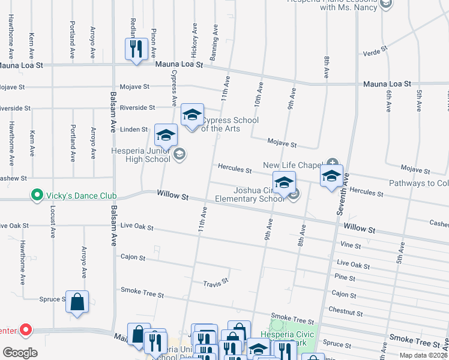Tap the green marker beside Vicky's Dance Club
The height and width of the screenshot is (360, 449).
point(37,195)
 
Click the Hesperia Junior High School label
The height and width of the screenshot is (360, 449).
point(140,155)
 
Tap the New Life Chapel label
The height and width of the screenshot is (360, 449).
point(292,165)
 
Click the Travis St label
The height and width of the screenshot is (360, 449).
point(215,282)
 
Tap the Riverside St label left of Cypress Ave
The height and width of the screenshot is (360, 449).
point(137,107)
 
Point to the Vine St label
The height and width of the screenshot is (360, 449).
point(350,245)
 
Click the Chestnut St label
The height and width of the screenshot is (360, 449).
point(346,311)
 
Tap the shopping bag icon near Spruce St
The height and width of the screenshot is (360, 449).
point(77,302)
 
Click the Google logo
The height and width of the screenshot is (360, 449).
point(20,352)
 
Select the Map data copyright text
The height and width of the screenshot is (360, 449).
point(424,355)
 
